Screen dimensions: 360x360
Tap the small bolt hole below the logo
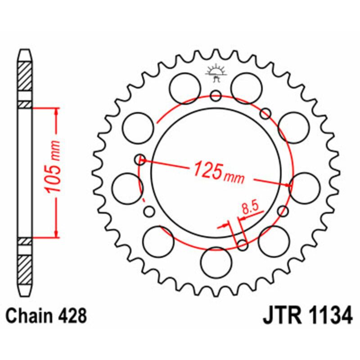coord(216,95)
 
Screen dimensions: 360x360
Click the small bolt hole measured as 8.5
coord(243,245)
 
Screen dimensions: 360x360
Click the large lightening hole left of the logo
coord(185,85)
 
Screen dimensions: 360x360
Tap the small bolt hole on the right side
coord(283,211)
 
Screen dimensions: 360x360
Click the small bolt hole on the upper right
coord(266,112)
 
